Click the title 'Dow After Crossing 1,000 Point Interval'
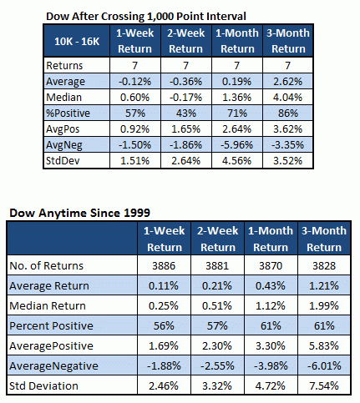(146, 17)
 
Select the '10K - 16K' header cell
(77, 41)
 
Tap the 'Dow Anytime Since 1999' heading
(79, 213)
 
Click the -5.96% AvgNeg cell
(237, 145)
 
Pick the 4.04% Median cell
(287, 98)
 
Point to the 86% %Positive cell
(287, 113)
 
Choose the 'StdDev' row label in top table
(63, 161)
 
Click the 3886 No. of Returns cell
(164, 266)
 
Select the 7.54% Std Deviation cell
(324, 385)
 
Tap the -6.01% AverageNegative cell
(324, 365)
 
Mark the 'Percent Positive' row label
(51, 325)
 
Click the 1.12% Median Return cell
(271, 306)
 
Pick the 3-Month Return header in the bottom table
(324, 239)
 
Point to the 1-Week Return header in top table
(135, 41)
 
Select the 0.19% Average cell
(237, 82)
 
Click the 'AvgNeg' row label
(64, 145)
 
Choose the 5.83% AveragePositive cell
(324, 345)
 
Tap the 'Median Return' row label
(48, 306)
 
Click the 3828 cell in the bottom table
(324, 266)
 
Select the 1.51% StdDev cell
(135, 161)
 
